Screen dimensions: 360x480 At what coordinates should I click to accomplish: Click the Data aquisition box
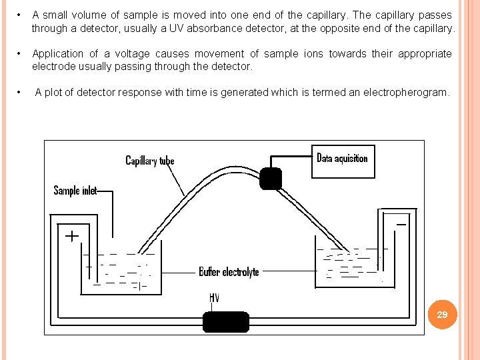(343, 161)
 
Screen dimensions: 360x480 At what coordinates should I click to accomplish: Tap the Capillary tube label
(150, 161)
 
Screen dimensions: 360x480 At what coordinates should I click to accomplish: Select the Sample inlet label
(75, 191)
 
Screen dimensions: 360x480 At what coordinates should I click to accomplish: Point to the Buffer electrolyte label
(229, 271)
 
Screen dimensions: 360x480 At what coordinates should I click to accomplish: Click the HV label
(215, 297)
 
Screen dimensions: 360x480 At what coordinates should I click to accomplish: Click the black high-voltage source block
(225, 322)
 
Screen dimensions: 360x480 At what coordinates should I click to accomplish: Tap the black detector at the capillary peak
(270, 179)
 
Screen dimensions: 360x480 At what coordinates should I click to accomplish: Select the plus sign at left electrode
(71, 235)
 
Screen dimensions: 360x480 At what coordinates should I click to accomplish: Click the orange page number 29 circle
(442, 314)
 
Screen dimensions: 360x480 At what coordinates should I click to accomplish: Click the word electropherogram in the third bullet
(409, 93)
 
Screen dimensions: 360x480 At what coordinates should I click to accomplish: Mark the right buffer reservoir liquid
(347, 267)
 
